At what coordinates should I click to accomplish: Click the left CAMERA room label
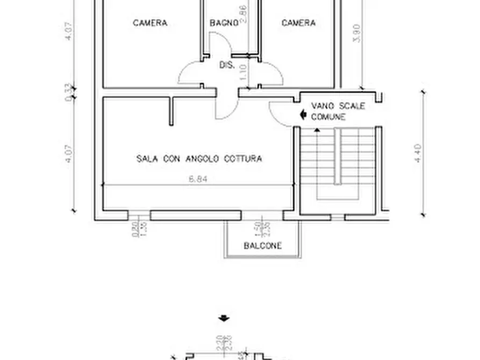(x=150, y=23)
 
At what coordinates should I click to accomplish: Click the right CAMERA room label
(x=298, y=23)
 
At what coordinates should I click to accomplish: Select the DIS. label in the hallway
(x=226, y=65)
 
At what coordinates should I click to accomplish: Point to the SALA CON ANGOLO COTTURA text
(x=199, y=159)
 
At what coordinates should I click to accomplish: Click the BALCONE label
(x=262, y=246)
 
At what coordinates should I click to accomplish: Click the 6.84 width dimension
(x=198, y=180)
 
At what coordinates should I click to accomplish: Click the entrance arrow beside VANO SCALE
(x=303, y=114)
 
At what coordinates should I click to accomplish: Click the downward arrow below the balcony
(x=224, y=318)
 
